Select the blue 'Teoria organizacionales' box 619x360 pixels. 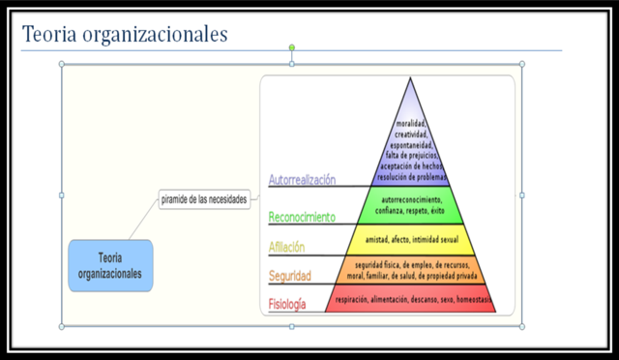(x=110, y=265)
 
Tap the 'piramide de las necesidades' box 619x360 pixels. (x=203, y=200)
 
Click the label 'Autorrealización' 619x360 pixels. (x=302, y=179)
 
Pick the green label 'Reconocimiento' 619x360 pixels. (x=302, y=217)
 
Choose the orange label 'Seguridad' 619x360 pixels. (x=289, y=276)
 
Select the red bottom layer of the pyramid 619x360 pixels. (x=413, y=299)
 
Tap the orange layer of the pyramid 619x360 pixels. (x=413, y=269)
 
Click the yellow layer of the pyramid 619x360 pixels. (x=413, y=237)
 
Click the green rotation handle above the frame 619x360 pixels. (x=292, y=46)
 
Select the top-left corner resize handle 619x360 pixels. (x=63, y=64)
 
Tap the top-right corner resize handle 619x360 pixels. (x=522, y=64)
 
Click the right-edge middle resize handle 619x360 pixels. (x=522, y=195)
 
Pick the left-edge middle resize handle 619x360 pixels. (x=63, y=195)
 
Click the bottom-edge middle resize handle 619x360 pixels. (x=292, y=326)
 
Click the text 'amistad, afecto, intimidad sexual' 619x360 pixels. (x=413, y=238)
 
